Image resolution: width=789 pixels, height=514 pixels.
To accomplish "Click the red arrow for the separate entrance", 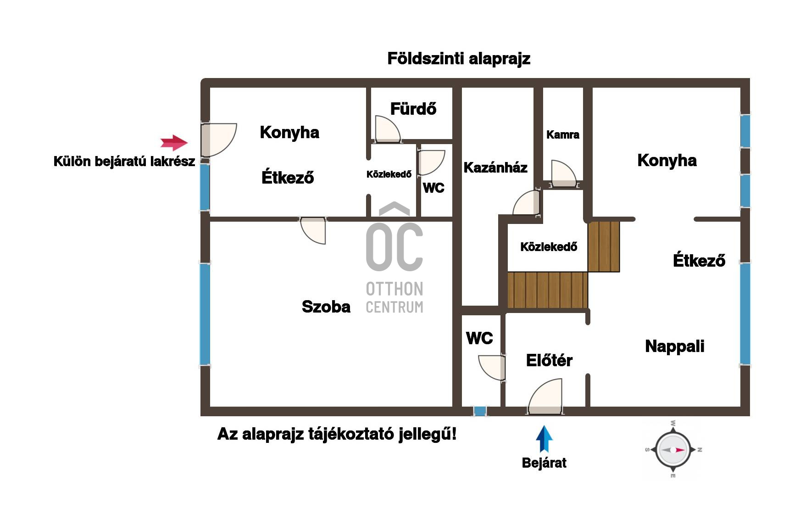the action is pos(174,143).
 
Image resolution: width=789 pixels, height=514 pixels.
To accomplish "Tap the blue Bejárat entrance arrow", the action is pos(544,439).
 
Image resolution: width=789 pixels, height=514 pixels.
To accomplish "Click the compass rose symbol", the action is pos(673,450).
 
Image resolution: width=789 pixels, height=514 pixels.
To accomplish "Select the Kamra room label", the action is pos(562,135).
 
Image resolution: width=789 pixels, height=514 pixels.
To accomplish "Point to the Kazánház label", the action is pos(495,168).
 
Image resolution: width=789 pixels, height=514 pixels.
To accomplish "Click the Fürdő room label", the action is pos(413,109).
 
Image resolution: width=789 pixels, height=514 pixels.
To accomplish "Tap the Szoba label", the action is pos(326,307).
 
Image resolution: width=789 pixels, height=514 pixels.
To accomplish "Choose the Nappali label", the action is pos(674,346).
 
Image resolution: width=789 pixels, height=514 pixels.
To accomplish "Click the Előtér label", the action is pos(549,360).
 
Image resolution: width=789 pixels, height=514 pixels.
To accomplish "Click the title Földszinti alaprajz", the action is pos(459,59).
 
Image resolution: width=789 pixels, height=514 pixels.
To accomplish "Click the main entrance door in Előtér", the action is pos(545,397).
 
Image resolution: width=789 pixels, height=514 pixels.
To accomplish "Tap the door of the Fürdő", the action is pos(388,129).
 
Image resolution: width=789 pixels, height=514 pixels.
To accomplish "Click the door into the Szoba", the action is pos(313,230).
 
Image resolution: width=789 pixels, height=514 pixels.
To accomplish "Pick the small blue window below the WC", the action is pos(480,411).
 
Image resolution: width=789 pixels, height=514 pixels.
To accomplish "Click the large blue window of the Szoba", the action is pos(205,314).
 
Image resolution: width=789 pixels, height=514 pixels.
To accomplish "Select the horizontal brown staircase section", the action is pos(548,290).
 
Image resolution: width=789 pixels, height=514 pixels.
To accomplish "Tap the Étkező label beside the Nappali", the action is pos(699,261).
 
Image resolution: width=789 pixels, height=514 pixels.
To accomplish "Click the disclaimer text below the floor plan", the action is pos(337,434).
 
